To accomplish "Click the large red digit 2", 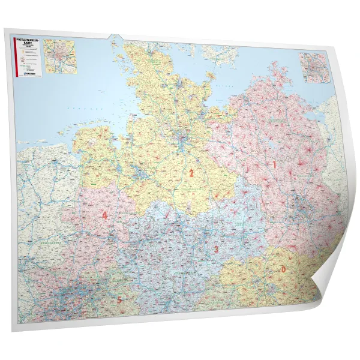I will point(191,173).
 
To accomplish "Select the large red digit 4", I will point(105,215).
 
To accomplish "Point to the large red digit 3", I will point(215,250).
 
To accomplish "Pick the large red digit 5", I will point(119,299).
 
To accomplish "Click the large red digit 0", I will point(283,269).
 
